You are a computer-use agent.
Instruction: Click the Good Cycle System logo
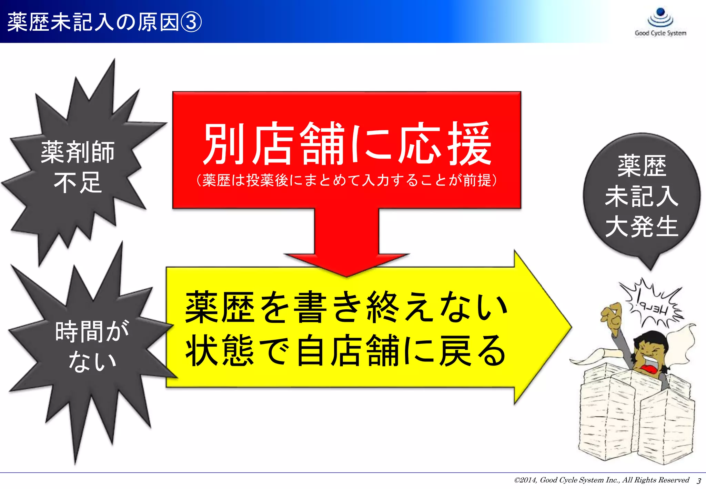(x=660, y=22)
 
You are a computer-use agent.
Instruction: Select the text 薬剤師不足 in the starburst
(x=78, y=167)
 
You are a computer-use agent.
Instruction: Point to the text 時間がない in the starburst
(x=92, y=346)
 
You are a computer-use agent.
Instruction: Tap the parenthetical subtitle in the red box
(x=347, y=180)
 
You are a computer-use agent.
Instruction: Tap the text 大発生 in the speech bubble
(x=642, y=226)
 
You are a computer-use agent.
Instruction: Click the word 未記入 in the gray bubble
(x=642, y=196)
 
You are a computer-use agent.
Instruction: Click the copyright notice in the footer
(x=601, y=480)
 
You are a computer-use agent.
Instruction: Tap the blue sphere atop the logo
(x=660, y=12)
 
